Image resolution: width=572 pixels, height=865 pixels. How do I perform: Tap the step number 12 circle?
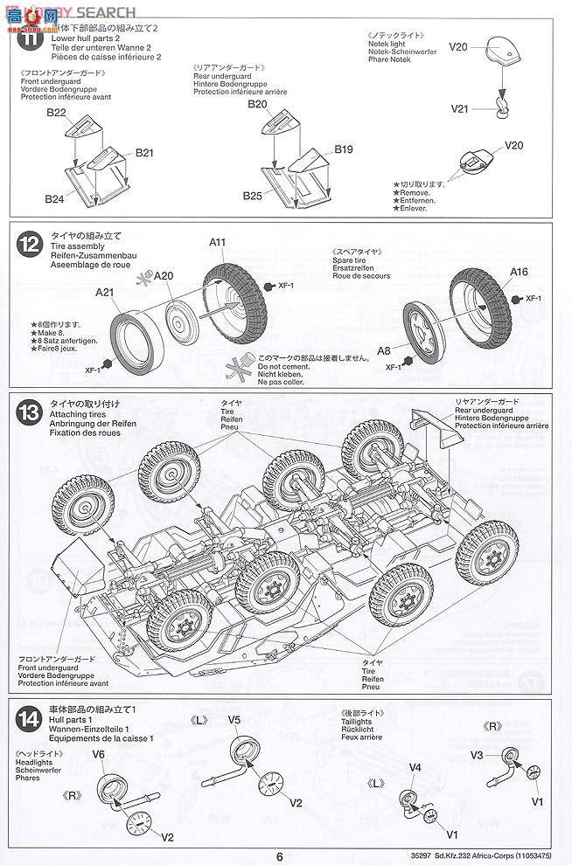(x=30, y=246)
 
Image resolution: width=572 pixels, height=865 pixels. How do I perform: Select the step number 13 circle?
(x=30, y=414)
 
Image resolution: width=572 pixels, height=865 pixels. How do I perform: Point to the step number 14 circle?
(x=30, y=718)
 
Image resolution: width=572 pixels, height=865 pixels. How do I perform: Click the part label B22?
(x=57, y=113)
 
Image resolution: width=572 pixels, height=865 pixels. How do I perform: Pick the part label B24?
(x=55, y=199)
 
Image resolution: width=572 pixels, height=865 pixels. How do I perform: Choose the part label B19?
(x=343, y=149)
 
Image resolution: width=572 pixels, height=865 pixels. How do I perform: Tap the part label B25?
(x=254, y=196)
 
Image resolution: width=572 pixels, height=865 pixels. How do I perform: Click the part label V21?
(x=461, y=109)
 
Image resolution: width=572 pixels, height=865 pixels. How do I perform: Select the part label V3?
(x=478, y=754)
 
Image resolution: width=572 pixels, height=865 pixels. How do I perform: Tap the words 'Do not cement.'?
(x=280, y=367)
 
